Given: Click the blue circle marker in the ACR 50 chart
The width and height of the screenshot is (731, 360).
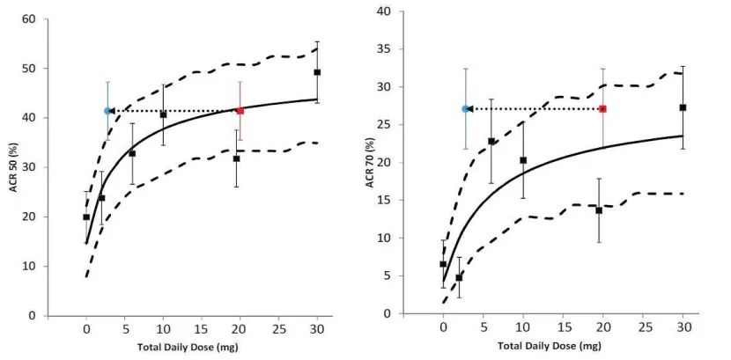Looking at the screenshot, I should point(107,111).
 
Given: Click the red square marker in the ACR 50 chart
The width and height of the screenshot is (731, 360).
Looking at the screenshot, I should point(240,111).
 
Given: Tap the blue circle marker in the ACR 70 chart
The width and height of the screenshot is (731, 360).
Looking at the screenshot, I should point(465,108).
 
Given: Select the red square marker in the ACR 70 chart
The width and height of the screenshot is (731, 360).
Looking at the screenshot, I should point(602,108).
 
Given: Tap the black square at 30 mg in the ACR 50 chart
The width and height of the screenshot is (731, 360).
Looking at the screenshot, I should point(317,72).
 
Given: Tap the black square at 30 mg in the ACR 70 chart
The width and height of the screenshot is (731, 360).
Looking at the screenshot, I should point(683,107).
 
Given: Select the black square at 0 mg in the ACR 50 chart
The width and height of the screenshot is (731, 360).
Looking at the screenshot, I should point(86,217).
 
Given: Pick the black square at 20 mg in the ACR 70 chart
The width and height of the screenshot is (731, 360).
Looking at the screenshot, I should point(599,210).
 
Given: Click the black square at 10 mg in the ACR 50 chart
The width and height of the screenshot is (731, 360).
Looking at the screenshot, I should point(163,114).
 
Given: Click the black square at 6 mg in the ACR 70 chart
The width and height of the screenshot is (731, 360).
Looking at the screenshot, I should point(491,141).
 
